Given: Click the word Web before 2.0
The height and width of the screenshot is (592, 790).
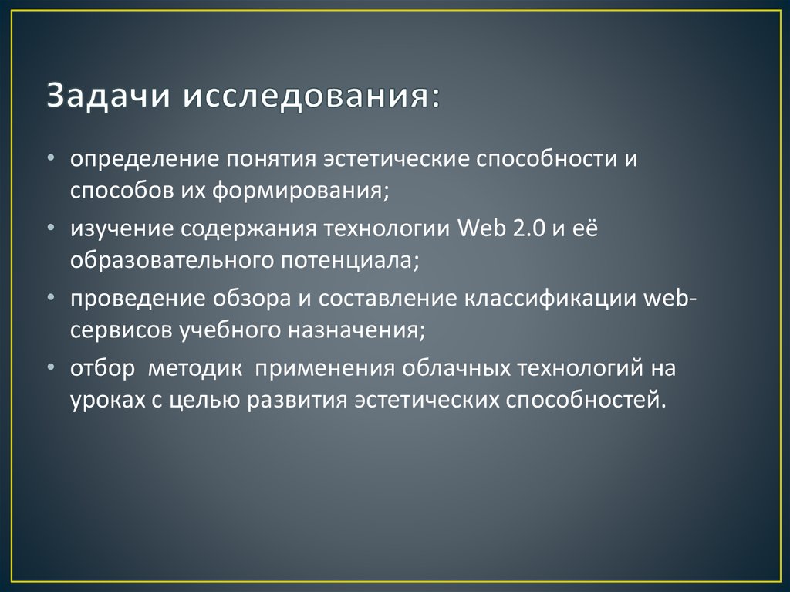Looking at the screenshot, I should pos(480,229).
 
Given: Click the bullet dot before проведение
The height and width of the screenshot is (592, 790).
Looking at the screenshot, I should pos(50,297).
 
